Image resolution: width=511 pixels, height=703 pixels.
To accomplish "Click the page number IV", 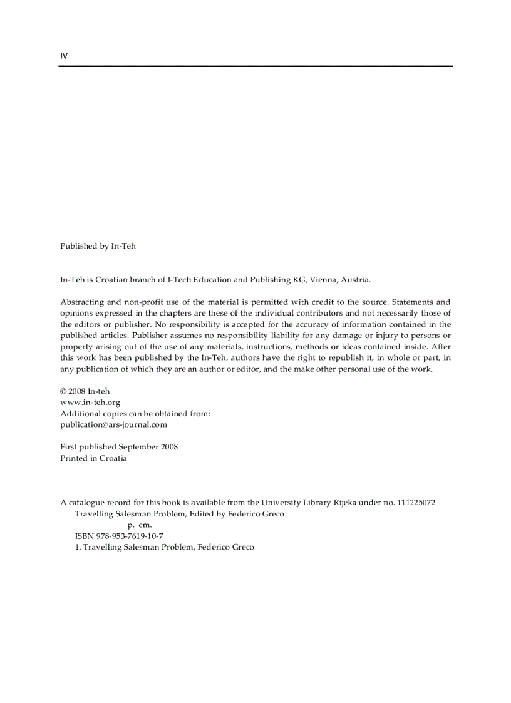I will click(x=64, y=56).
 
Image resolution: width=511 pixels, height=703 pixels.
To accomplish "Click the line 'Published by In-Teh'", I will click(x=98, y=246).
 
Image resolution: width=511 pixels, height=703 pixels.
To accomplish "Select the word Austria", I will click(x=355, y=280).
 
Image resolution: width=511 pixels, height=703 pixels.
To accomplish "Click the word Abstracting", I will click(x=81, y=302).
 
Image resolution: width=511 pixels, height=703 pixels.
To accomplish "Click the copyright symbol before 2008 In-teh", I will click(x=63, y=391).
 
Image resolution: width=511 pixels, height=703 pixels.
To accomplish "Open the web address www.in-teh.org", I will click(x=90, y=403).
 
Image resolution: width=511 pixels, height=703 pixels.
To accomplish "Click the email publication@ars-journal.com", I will click(x=113, y=424).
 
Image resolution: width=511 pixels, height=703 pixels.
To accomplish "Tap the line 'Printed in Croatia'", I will click(x=93, y=458).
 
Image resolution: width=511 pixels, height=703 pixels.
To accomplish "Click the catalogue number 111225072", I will click(x=416, y=502).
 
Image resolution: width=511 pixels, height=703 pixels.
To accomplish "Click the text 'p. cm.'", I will click(x=140, y=525).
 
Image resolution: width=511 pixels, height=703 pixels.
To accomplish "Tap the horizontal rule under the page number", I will click(x=255, y=66).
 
